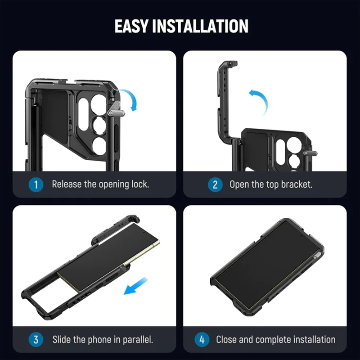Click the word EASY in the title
[x=131, y=26]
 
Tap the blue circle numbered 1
[x=36, y=184]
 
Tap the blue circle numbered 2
[x=215, y=184]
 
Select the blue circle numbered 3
[x=36, y=339]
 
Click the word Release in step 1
[x=67, y=184]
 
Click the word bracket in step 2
[x=296, y=184]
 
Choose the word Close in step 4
[x=226, y=339]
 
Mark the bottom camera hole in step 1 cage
[x=99, y=145]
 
